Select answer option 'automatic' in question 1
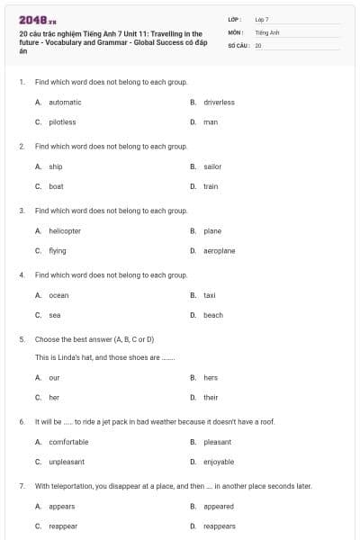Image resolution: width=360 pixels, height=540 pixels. tap(65, 103)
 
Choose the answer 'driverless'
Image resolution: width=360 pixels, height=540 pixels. tap(219, 103)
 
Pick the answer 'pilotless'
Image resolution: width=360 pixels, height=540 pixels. tap(62, 121)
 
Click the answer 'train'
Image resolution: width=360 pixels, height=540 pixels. tap(211, 186)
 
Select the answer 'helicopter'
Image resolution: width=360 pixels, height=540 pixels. tap(65, 231)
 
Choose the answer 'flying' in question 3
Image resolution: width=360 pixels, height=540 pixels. tap(58, 251)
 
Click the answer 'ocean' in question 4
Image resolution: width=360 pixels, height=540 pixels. tap(58, 295)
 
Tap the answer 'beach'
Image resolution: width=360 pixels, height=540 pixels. tap(213, 315)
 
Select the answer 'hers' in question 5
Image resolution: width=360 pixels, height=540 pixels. tap(211, 378)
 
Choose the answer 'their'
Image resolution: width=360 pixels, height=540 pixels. tap(211, 397)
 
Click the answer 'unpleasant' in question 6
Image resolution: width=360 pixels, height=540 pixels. tap(67, 462)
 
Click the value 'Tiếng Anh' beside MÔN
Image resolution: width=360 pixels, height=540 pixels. tap(268, 31)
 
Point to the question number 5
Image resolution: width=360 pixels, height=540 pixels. tap(22, 339)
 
